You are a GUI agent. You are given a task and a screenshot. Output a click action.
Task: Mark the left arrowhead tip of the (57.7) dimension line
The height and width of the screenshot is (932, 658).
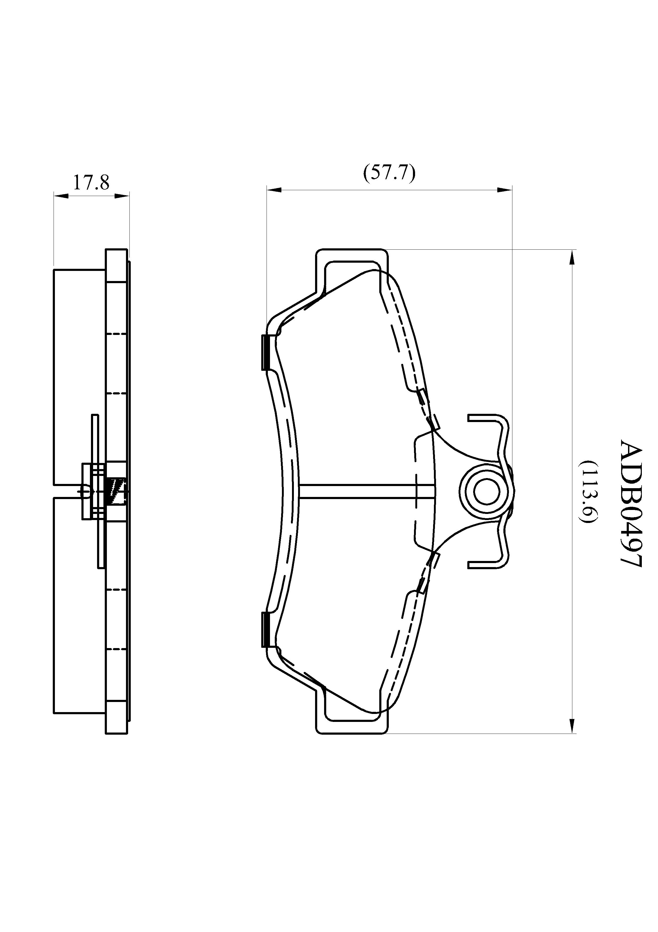pos(267,190)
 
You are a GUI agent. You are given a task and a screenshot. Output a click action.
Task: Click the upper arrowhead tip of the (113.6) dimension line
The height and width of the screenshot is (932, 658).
pos(572,250)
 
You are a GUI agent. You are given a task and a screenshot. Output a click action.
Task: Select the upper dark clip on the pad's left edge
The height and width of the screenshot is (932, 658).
pos(266,352)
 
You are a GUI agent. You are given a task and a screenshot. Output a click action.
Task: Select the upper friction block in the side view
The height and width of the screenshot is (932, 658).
pos(80,377)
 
